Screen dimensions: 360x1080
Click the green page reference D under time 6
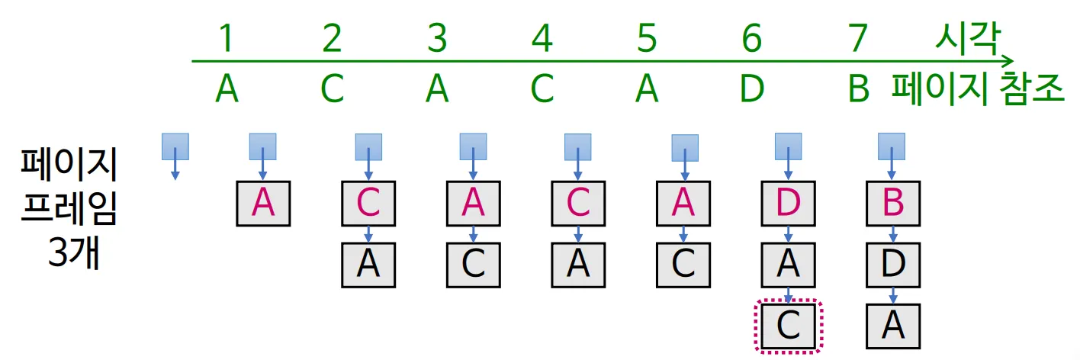[752, 89]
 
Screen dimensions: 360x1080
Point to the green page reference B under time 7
[859, 89]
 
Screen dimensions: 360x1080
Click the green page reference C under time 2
[332, 89]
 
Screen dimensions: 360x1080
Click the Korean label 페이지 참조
[979, 90]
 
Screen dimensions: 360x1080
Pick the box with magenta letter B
[893, 203]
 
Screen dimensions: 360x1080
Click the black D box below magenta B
[893, 264]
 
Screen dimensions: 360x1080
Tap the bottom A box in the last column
[893, 326]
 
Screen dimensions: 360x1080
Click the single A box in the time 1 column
[263, 203]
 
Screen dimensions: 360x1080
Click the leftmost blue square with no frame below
[175, 146]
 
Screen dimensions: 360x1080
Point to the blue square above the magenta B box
[892, 146]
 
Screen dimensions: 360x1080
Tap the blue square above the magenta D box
[788, 146]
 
